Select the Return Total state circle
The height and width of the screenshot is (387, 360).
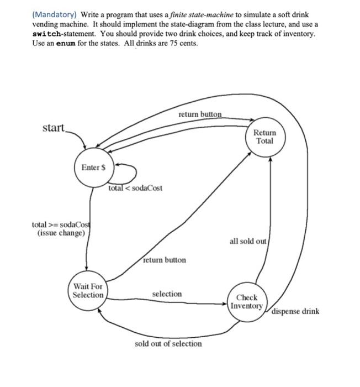(264, 137)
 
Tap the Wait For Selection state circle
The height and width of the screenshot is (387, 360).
(88, 290)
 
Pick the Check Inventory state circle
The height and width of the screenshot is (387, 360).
(247, 301)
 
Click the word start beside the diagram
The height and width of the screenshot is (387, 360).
(53, 128)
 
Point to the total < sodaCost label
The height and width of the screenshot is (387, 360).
(135, 189)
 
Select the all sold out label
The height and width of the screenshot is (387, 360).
(248, 242)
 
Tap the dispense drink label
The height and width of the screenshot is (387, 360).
(295, 311)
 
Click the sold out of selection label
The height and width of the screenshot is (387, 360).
(168, 343)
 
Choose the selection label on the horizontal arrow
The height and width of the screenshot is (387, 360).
(167, 294)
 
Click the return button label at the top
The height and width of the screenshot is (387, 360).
(200, 114)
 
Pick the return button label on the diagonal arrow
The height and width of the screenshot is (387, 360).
(165, 260)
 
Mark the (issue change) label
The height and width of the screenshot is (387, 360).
(61, 233)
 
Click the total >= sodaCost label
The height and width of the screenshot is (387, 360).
(61, 225)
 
